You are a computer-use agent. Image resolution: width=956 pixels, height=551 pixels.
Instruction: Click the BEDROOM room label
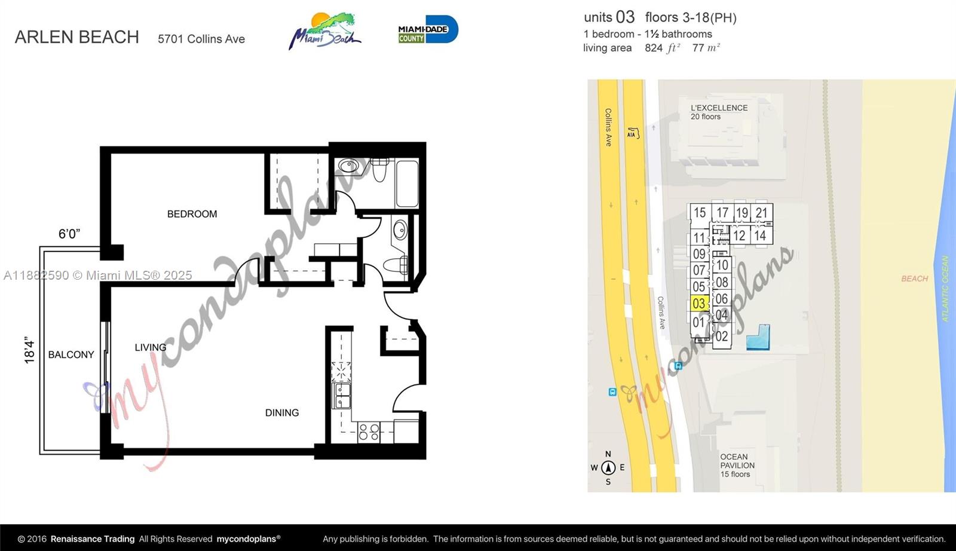192,214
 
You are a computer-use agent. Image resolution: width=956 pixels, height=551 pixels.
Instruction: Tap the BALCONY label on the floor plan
71,354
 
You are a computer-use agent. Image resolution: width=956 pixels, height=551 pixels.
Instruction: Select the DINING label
282,413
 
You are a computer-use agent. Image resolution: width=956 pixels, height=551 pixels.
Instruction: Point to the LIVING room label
151,347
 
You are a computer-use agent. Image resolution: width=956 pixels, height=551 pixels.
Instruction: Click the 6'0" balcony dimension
69,234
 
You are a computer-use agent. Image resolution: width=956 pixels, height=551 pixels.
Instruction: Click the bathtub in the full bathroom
407,183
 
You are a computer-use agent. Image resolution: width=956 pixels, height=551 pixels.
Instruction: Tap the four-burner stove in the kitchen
369,432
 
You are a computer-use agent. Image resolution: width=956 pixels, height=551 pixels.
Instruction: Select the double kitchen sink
341,396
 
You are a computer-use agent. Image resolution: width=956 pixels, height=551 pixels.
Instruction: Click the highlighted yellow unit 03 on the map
700,304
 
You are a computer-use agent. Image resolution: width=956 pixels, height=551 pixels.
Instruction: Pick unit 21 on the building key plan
762,213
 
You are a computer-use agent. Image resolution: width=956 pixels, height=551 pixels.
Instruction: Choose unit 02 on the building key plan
722,336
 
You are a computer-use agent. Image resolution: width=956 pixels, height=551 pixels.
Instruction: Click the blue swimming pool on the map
758,339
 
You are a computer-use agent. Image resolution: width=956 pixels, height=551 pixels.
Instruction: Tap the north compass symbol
608,468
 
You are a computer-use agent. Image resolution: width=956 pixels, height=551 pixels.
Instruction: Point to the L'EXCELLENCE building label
719,112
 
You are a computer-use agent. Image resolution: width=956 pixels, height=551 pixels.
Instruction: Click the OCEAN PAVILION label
737,465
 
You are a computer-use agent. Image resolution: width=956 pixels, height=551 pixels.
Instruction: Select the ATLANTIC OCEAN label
945,289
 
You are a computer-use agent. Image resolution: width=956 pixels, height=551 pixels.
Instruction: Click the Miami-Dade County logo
428,29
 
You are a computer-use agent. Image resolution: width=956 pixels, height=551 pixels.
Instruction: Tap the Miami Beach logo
325,31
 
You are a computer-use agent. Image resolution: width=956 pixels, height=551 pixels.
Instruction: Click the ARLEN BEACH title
77,37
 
